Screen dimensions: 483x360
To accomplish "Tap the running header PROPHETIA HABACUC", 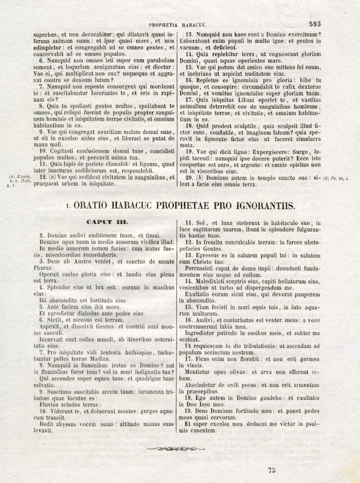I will (x=177, y=25).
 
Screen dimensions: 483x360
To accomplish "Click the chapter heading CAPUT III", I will (x=107, y=222).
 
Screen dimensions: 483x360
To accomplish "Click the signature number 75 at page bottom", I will (x=271, y=470).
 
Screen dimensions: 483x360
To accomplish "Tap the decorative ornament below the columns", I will (x=176, y=448).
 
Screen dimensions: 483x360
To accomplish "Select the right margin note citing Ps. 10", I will (x=336, y=179).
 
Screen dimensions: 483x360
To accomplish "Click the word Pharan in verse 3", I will (x=43, y=268).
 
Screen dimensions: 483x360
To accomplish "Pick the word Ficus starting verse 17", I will (x=203, y=359).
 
